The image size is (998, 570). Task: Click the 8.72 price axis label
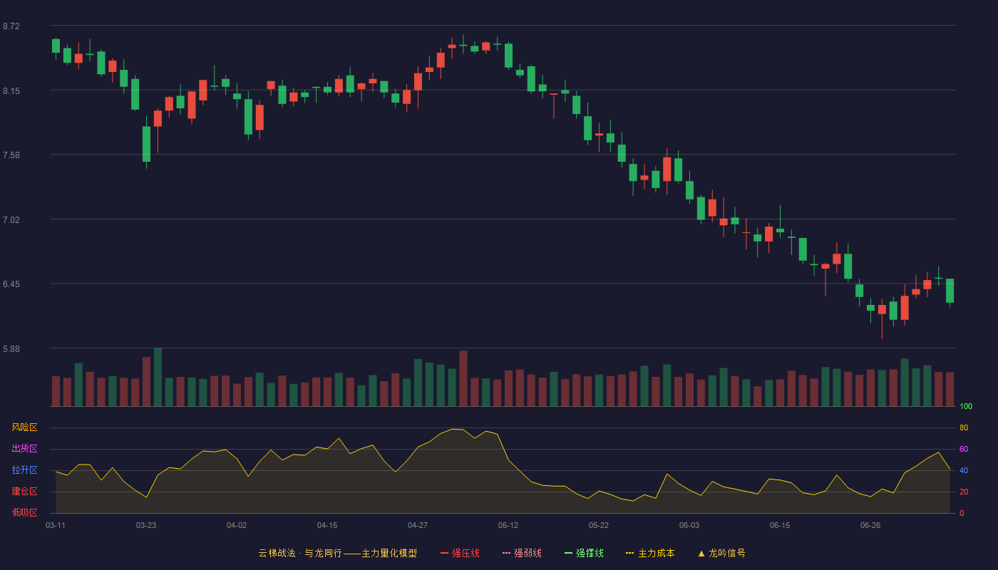tap(11, 26)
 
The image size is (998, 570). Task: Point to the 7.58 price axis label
tap(11, 155)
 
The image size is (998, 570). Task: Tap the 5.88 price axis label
tap(11, 349)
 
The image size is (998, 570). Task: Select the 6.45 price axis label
tap(11, 284)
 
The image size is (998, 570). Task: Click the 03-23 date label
tap(146, 526)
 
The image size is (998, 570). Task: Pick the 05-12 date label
tap(508, 526)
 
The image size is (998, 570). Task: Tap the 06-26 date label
tap(870, 526)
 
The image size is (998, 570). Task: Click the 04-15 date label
tap(327, 526)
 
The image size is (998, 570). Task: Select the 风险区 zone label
tap(24, 427)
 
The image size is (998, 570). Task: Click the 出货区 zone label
tap(24, 448)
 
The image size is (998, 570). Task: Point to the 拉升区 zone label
tap(24, 470)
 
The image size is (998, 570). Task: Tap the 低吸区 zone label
tap(24, 512)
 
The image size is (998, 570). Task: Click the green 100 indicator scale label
tap(966, 406)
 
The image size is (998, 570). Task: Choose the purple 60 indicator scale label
tap(964, 449)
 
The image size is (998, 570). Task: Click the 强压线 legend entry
tap(460, 553)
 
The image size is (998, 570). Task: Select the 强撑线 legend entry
tap(584, 553)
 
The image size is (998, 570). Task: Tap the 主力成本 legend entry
tap(650, 553)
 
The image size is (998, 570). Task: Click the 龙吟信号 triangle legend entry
tap(721, 553)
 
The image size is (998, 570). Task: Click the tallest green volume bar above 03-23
tap(158, 377)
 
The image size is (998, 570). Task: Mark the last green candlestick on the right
tap(950, 291)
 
